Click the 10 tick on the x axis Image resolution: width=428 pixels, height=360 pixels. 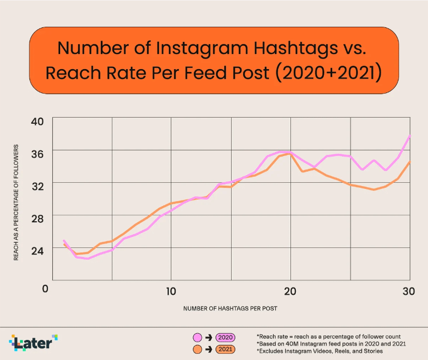click(171, 291)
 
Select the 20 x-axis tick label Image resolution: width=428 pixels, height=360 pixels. click(290, 291)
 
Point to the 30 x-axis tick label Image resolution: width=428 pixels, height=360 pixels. click(409, 291)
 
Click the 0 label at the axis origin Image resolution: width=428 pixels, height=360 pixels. click(46, 289)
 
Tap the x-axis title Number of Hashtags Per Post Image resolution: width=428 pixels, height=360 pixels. click(230, 308)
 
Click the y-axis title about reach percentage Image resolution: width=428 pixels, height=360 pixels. click(17, 202)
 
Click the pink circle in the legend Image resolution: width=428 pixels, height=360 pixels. click(196, 338)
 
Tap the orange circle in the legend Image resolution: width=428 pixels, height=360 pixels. click(196, 349)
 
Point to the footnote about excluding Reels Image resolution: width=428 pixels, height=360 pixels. click(319, 351)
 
